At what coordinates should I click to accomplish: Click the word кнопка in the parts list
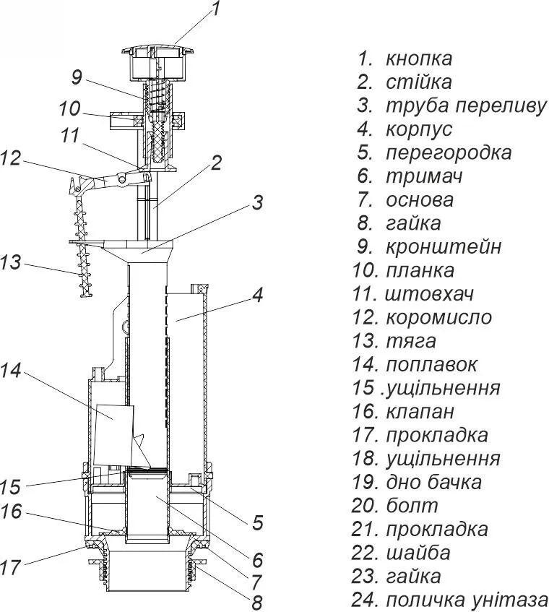click(x=419, y=59)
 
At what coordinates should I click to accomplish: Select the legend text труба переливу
click(x=466, y=105)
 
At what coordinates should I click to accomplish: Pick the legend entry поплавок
click(x=431, y=365)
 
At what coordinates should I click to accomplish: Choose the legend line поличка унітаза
click(x=467, y=600)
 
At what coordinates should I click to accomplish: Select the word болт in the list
click(x=412, y=506)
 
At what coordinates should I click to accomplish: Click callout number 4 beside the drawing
click(x=256, y=295)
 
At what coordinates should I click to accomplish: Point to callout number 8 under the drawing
click(x=256, y=601)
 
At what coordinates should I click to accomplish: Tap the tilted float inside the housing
click(x=114, y=423)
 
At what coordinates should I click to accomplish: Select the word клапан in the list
click(x=420, y=412)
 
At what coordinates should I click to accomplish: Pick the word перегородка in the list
click(x=448, y=153)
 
